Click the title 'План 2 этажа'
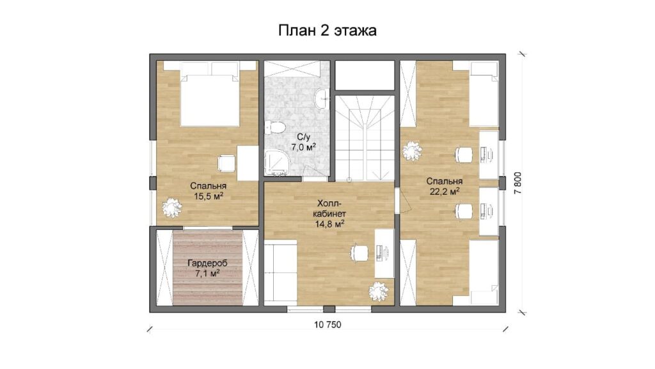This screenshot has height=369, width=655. (327, 31)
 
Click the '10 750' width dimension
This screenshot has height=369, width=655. (327, 325)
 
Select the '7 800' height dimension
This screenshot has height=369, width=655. (518, 183)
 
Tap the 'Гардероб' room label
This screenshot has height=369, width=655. (207, 263)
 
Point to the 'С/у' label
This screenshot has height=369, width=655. (303, 137)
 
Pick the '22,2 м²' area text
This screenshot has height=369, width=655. (445, 191)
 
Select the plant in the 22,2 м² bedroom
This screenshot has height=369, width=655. (413, 151)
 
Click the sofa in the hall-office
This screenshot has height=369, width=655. (280, 272)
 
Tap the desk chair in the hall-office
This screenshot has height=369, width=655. (359, 252)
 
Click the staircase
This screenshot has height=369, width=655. (365, 138)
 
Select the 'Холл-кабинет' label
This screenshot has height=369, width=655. (329, 208)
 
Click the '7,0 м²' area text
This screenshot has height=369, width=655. (303, 147)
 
